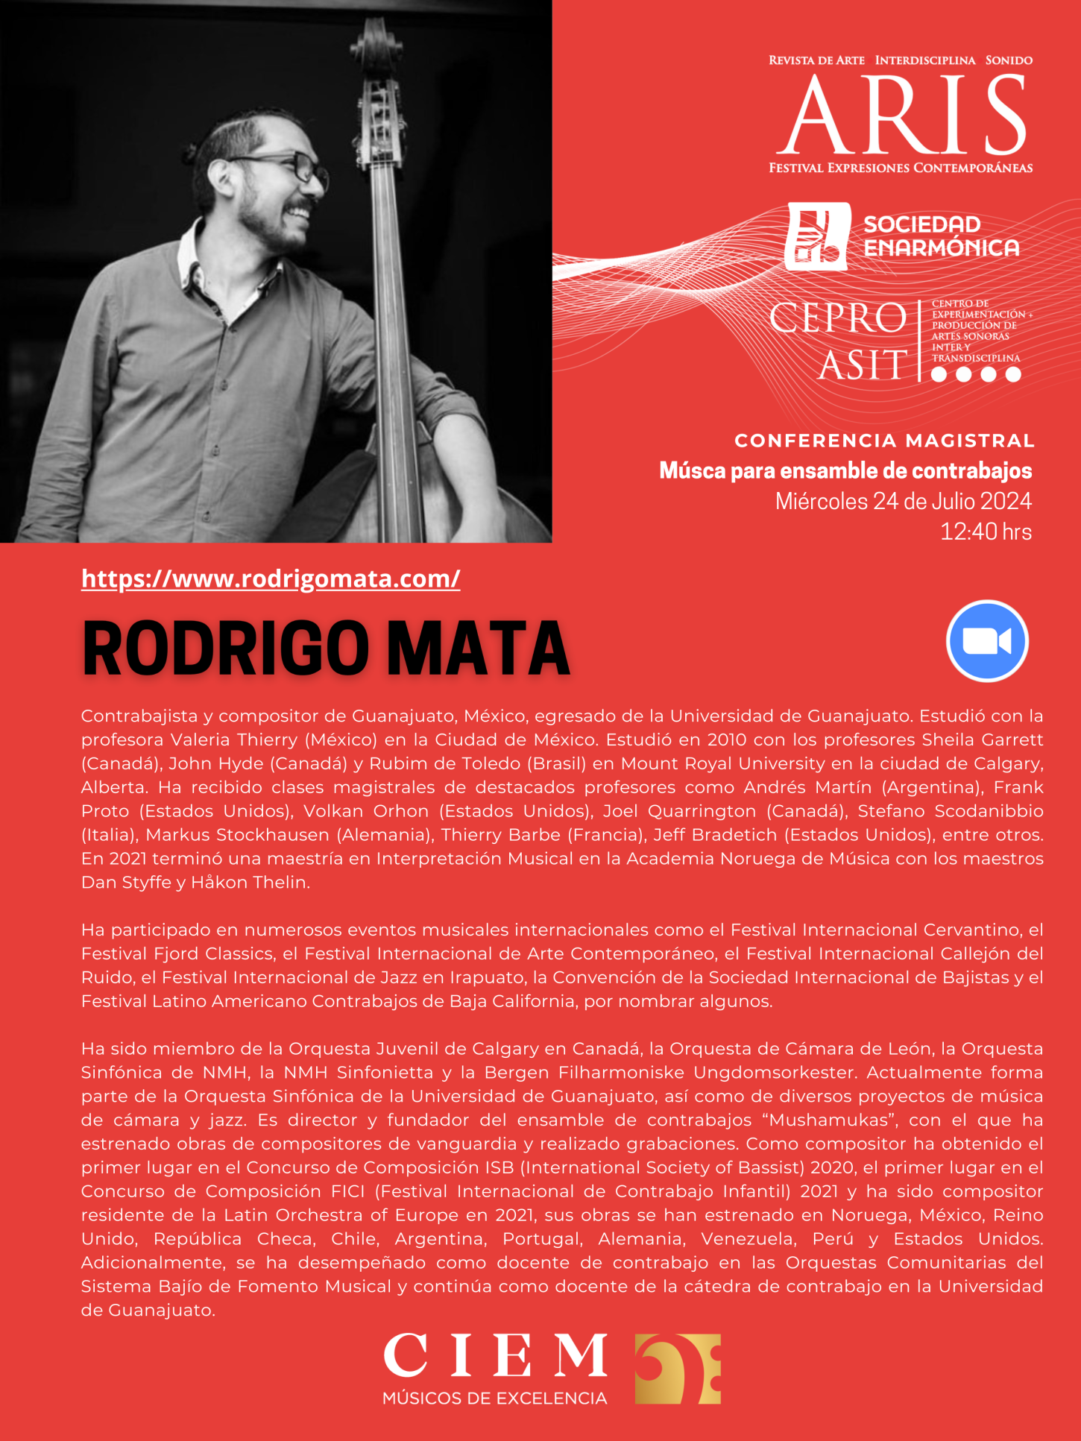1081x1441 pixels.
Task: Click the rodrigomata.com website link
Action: pyautogui.click(x=271, y=579)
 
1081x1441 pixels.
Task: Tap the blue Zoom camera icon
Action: pyautogui.click(x=987, y=641)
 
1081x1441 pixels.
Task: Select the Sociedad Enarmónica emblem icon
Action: pyautogui.click(x=817, y=236)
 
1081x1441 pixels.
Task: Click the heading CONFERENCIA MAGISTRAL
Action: pyautogui.click(x=884, y=441)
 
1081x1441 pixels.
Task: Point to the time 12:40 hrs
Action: pyautogui.click(x=986, y=532)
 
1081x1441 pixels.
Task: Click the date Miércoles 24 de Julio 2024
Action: pyautogui.click(x=903, y=501)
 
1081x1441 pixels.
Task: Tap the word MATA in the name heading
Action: pyautogui.click(x=479, y=648)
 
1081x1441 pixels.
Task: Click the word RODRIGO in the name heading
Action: pyautogui.click(x=226, y=648)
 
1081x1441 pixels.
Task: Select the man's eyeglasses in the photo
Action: pyautogui.click(x=298, y=165)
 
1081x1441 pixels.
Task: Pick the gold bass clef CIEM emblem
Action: pyautogui.click(x=677, y=1369)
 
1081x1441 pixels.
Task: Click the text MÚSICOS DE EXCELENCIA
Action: pyautogui.click(x=494, y=1399)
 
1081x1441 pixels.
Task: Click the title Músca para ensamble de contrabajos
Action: pyautogui.click(x=845, y=471)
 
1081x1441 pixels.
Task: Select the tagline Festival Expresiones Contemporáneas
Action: pyautogui.click(x=901, y=168)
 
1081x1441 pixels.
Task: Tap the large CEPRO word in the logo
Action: pyautogui.click(x=837, y=318)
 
